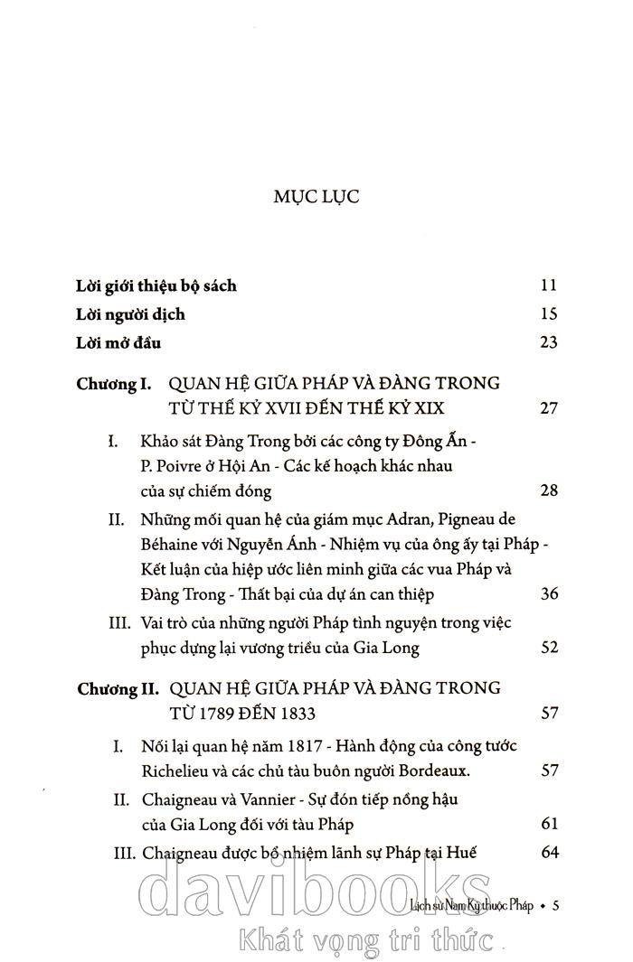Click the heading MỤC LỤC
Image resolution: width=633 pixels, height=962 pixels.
(x=316, y=197)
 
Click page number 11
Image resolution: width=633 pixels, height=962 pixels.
(x=547, y=286)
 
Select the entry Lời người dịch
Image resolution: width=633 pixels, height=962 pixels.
(x=131, y=314)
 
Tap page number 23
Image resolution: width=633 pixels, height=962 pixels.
(x=547, y=342)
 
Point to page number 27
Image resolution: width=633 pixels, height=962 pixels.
(x=547, y=408)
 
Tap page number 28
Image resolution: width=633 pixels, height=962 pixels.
(x=547, y=490)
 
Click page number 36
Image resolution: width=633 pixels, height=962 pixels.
(x=547, y=593)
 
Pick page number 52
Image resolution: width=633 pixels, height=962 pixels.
(x=547, y=648)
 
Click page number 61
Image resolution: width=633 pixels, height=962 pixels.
(x=547, y=824)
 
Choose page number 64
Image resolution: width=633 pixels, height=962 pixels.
(x=547, y=852)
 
